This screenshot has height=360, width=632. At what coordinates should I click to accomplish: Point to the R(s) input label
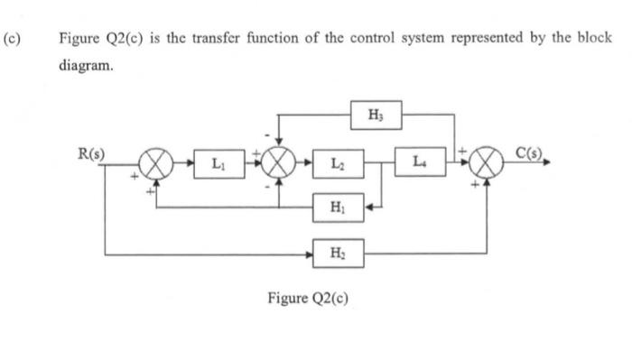click(x=90, y=154)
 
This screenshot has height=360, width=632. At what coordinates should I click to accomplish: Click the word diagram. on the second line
click(x=86, y=66)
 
